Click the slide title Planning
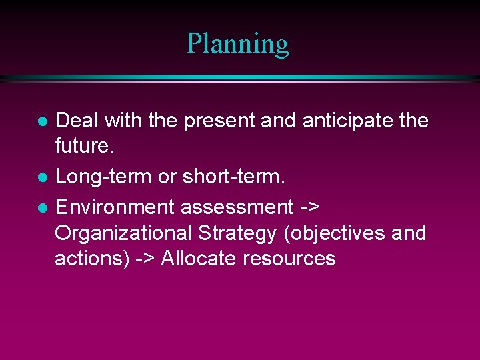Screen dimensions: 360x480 [238, 43]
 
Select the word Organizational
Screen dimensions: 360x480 [119, 234]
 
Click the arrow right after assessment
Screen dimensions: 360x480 [309, 208]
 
